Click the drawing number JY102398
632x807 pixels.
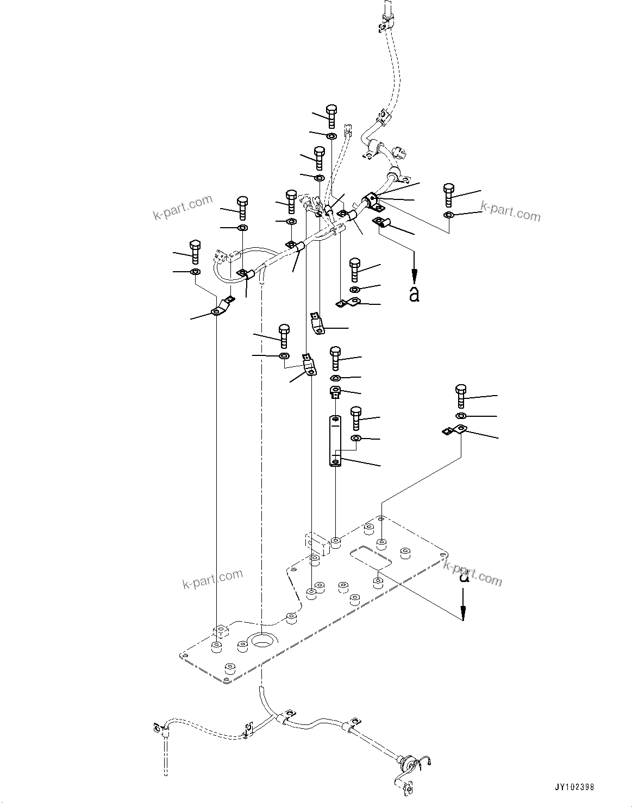574,786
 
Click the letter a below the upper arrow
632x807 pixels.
414,294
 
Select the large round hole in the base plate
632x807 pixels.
263,642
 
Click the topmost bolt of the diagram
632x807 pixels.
331,115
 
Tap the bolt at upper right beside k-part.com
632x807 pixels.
448,195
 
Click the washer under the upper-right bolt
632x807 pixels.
449,216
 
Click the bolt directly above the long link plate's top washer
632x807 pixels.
335,358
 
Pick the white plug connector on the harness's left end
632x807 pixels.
221,255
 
